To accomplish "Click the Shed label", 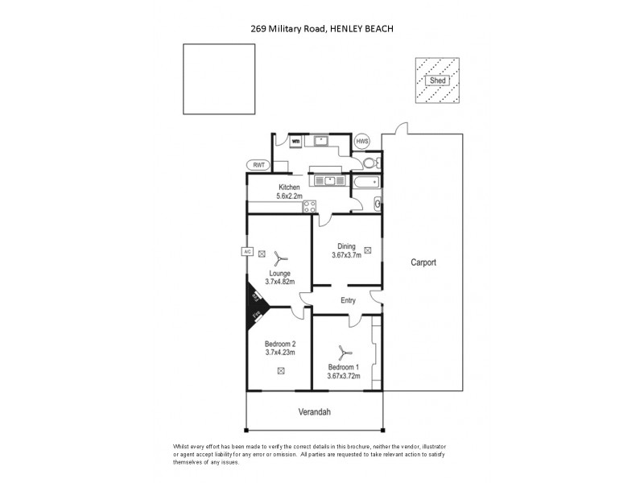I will tap(438, 80).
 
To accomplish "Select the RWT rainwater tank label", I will tap(258, 165).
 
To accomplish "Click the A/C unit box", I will tap(247, 252).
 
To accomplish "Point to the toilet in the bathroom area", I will tap(369, 163).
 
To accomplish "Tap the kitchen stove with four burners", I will tap(308, 207).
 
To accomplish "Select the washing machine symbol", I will tap(295, 142).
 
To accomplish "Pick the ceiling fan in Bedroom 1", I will tap(344, 352).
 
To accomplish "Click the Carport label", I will tap(423, 262).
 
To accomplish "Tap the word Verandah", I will tap(315, 411).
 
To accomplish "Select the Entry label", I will tap(348, 301).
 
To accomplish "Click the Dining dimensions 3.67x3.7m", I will tap(346, 256).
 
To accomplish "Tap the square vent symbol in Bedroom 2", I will tap(281, 371).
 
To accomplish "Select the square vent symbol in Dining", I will tap(368, 250).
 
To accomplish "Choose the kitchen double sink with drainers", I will tap(328, 180).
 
